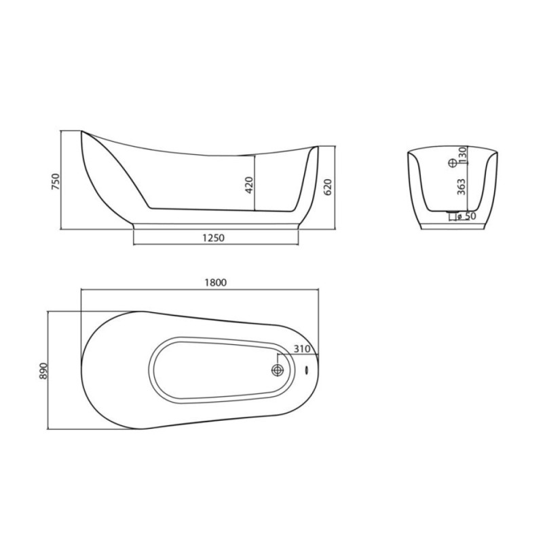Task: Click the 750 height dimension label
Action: tap(56, 181)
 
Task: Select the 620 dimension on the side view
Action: tap(328, 187)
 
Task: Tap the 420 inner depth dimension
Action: tap(249, 185)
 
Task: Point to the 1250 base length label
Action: tap(213, 238)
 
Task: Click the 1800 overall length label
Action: tap(215, 282)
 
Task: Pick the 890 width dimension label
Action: tap(43, 371)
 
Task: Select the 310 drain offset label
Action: tap(302, 349)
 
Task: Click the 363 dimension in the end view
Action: tap(462, 187)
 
